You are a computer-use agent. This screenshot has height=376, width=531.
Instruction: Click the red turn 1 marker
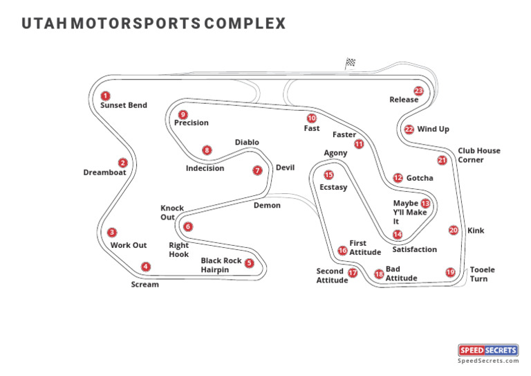[x=105, y=96]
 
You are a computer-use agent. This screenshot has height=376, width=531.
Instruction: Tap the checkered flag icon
[x=350, y=63]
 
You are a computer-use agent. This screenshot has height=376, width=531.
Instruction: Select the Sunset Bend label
[x=124, y=106]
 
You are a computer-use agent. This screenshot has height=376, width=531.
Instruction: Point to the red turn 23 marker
[x=418, y=91]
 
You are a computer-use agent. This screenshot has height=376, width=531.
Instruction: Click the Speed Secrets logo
[x=488, y=350]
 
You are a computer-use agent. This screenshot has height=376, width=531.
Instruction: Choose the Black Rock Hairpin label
[x=221, y=265]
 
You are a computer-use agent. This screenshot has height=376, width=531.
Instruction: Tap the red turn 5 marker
[x=250, y=263]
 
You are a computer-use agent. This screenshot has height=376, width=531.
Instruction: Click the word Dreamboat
[x=105, y=172]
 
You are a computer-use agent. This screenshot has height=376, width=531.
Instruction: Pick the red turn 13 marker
[x=425, y=204]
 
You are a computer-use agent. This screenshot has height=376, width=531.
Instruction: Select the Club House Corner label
[x=478, y=155]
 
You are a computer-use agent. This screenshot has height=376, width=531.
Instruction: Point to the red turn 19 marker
[x=450, y=272]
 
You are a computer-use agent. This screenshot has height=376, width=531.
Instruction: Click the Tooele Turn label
[x=482, y=274]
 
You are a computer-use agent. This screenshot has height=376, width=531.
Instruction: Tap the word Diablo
[x=247, y=143]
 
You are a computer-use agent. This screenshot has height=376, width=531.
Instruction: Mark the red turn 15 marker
[x=328, y=174]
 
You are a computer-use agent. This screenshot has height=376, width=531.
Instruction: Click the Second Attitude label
[x=332, y=276]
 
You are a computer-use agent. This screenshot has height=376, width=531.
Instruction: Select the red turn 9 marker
[x=183, y=114]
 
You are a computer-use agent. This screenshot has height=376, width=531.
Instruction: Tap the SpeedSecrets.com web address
[x=488, y=361]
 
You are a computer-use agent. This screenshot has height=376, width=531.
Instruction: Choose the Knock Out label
[x=172, y=213]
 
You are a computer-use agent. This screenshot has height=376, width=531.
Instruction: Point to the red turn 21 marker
[x=442, y=160]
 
